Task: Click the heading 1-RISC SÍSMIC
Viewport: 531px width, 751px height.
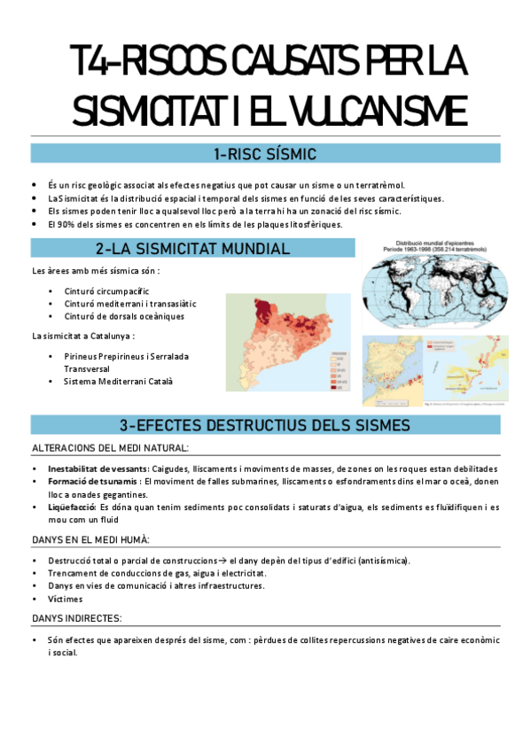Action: click(265, 154)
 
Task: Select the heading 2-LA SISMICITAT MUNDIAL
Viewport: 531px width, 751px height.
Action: click(191, 249)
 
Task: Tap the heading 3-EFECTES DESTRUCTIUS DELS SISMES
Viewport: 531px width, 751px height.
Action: click(265, 424)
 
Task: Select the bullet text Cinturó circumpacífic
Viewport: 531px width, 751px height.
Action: click(106, 290)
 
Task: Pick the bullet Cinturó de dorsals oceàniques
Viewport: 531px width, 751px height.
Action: click(124, 315)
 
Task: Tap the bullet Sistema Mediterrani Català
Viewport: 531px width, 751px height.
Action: click(118, 382)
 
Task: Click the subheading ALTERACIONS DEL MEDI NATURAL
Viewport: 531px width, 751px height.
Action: click(110, 449)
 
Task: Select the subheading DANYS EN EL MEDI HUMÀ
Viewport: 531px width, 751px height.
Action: click(90, 539)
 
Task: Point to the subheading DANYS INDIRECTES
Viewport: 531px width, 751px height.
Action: click(77, 617)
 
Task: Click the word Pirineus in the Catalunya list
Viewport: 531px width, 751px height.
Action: click(80, 356)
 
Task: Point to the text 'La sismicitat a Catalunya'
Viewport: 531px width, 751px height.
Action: click(82, 336)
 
